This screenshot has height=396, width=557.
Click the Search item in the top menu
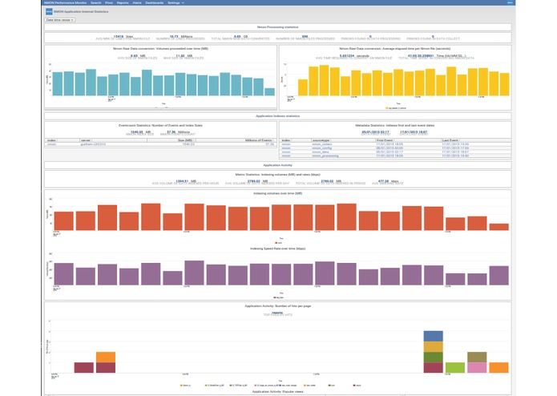click(x=96, y=3)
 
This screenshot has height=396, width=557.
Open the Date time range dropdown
click(x=60, y=20)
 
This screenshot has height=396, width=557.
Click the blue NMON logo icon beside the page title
click(x=49, y=11)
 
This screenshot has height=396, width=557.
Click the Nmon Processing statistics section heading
click(x=277, y=27)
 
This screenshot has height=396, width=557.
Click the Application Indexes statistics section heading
click(x=277, y=116)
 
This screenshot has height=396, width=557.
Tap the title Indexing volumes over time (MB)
click(x=277, y=193)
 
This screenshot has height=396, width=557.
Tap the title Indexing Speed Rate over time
click(x=277, y=249)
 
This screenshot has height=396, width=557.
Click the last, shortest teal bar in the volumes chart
click(x=269, y=91)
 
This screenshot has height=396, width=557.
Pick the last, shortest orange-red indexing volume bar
click(x=498, y=227)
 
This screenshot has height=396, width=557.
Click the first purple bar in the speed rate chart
click(x=64, y=273)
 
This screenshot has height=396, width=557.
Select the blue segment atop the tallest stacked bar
click(x=433, y=336)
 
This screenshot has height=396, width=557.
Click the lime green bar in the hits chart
click(x=455, y=367)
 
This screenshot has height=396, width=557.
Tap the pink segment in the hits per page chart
click(x=477, y=367)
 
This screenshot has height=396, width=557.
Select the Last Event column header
click(x=450, y=139)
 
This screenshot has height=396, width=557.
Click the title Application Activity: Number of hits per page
click(x=277, y=305)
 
